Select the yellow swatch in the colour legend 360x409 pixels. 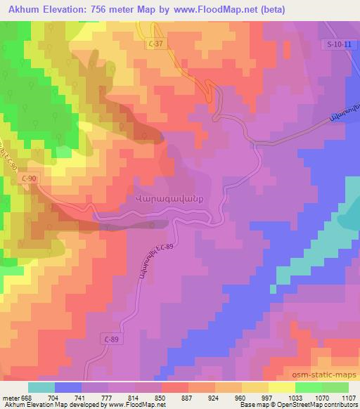coord(281,387)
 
